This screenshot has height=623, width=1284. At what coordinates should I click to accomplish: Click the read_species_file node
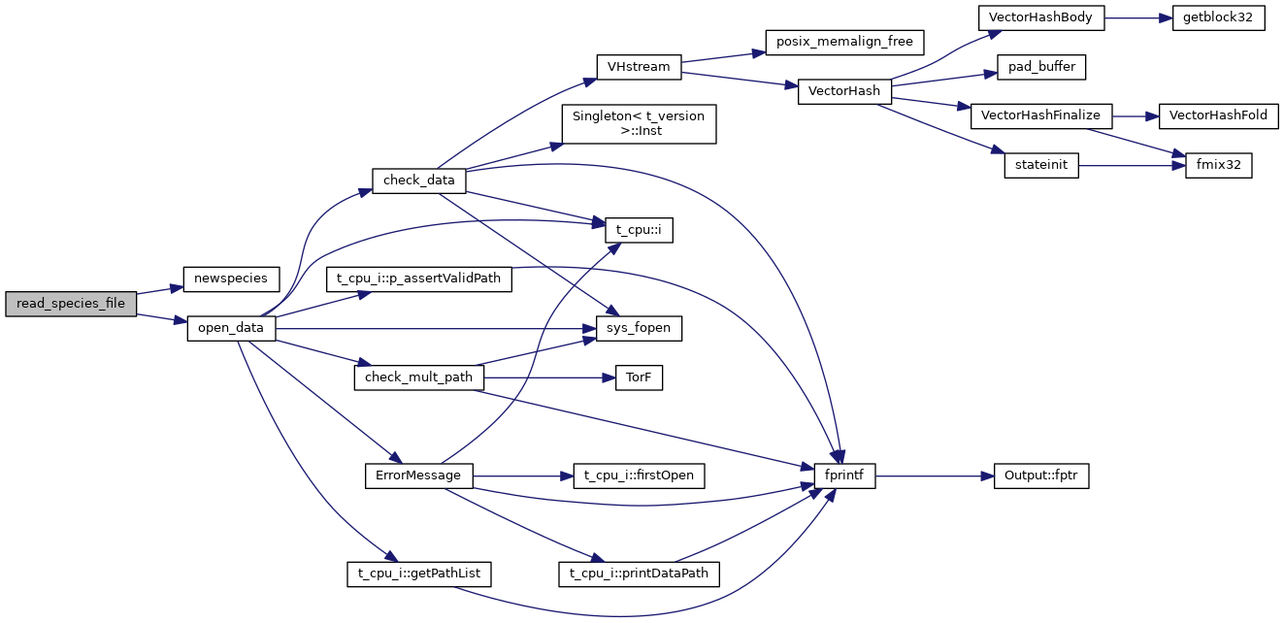coord(71,303)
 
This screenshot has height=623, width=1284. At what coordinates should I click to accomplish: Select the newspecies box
coord(231,278)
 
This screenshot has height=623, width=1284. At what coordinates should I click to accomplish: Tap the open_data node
coord(231,328)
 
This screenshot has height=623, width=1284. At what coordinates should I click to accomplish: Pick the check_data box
coord(419,180)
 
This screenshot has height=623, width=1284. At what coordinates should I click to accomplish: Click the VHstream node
coord(638,66)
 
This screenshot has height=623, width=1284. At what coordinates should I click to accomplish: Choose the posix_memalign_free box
coord(844,42)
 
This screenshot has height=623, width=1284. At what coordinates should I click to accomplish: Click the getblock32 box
coord(1218,17)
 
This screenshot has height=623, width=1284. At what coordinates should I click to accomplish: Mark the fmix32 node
coord(1218,166)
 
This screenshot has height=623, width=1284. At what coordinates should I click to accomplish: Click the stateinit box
coord(1041,166)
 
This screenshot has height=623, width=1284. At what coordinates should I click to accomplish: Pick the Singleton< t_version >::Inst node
coord(639,123)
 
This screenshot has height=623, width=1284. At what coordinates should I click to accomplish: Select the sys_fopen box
coord(639,329)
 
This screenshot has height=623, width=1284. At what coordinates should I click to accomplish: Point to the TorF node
coord(639,378)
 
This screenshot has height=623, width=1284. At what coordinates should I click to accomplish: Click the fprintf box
coord(838,476)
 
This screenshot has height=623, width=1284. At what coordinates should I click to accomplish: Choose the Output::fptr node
coord(1041,476)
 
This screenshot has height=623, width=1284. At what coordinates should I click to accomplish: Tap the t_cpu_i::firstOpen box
coord(639,476)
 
